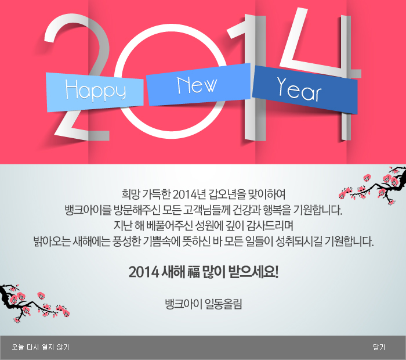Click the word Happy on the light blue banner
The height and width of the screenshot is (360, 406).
pos(95,90)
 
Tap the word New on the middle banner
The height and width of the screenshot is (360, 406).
pos(197,85)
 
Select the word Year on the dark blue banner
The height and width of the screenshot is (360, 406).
pos(299,89)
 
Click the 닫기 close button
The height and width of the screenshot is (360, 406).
pos(379,347)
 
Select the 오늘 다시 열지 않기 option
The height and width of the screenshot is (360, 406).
pos(41,347)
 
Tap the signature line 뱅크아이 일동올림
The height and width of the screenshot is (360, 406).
pos(204,304)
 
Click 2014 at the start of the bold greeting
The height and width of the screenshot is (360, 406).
pos(144,272)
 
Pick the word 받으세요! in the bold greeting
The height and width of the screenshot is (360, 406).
pos(254,272)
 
